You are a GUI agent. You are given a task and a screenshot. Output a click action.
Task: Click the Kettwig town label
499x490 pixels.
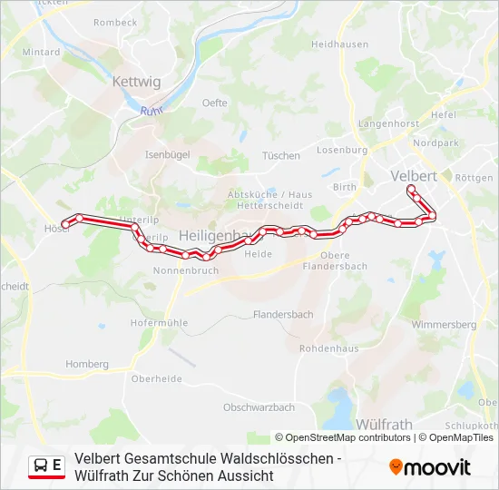click(136, 82)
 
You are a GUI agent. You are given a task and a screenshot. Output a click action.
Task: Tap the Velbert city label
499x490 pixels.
click(413, 175)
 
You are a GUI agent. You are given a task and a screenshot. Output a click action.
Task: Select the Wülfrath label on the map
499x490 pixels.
click(384, 424)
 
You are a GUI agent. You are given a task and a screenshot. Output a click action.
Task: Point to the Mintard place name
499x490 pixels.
click(41, 53)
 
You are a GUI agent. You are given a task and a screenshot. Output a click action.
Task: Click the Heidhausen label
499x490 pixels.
click(339, 44)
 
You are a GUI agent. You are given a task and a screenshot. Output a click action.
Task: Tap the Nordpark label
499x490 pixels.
click(435, 143)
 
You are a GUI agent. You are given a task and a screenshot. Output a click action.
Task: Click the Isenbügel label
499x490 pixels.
click(167, 155)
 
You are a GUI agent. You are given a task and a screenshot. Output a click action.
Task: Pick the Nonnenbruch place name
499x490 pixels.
click(185, 270)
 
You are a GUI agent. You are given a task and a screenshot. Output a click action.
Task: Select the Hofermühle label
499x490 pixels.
click(159, 322)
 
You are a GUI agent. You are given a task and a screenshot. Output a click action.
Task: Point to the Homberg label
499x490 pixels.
click(87, 364)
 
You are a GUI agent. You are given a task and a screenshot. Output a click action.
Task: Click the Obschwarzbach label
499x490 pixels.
click(259, 407)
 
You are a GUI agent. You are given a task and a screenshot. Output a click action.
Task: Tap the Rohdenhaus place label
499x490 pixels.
click(328, 348)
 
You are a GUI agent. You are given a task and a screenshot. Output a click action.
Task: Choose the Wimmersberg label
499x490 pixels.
click(443, 324)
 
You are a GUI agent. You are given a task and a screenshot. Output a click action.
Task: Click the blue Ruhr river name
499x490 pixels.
click(152, 111)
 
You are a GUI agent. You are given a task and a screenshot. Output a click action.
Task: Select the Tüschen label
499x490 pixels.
click(280, 156)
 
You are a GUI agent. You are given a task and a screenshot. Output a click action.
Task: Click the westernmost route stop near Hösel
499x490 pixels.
click(64, 224)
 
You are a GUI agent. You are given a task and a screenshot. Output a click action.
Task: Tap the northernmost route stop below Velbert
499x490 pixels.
click(411, 189)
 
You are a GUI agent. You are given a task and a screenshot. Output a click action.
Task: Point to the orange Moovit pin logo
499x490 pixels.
click(396, 466)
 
